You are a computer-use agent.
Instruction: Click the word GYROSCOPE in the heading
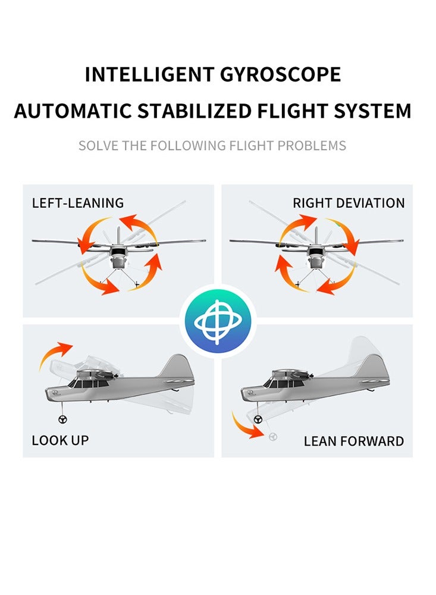pyautogui.click(x=281, y=75)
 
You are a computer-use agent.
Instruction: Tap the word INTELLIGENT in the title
pyautogui.click(x=150, y=75)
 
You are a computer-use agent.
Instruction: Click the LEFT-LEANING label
pyautogui.click(x=78, y=203)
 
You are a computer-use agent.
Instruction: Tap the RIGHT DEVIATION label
pyautogui.click(x=349, y=203)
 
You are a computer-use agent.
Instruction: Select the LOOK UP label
pyautogui.click(x=60, y=440)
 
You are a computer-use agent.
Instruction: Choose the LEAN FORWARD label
pyautogui.click(x=353, y=441)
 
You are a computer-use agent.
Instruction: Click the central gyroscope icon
pyautogui.click(x=218, y=321)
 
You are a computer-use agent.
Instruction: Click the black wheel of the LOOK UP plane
pyautogui.click(x=63, y=419)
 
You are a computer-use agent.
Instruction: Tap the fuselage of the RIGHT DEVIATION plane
pyautogui.click(x=316, y=256)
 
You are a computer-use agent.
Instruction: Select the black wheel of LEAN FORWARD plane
pyautogui.click(x=258, y=419)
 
